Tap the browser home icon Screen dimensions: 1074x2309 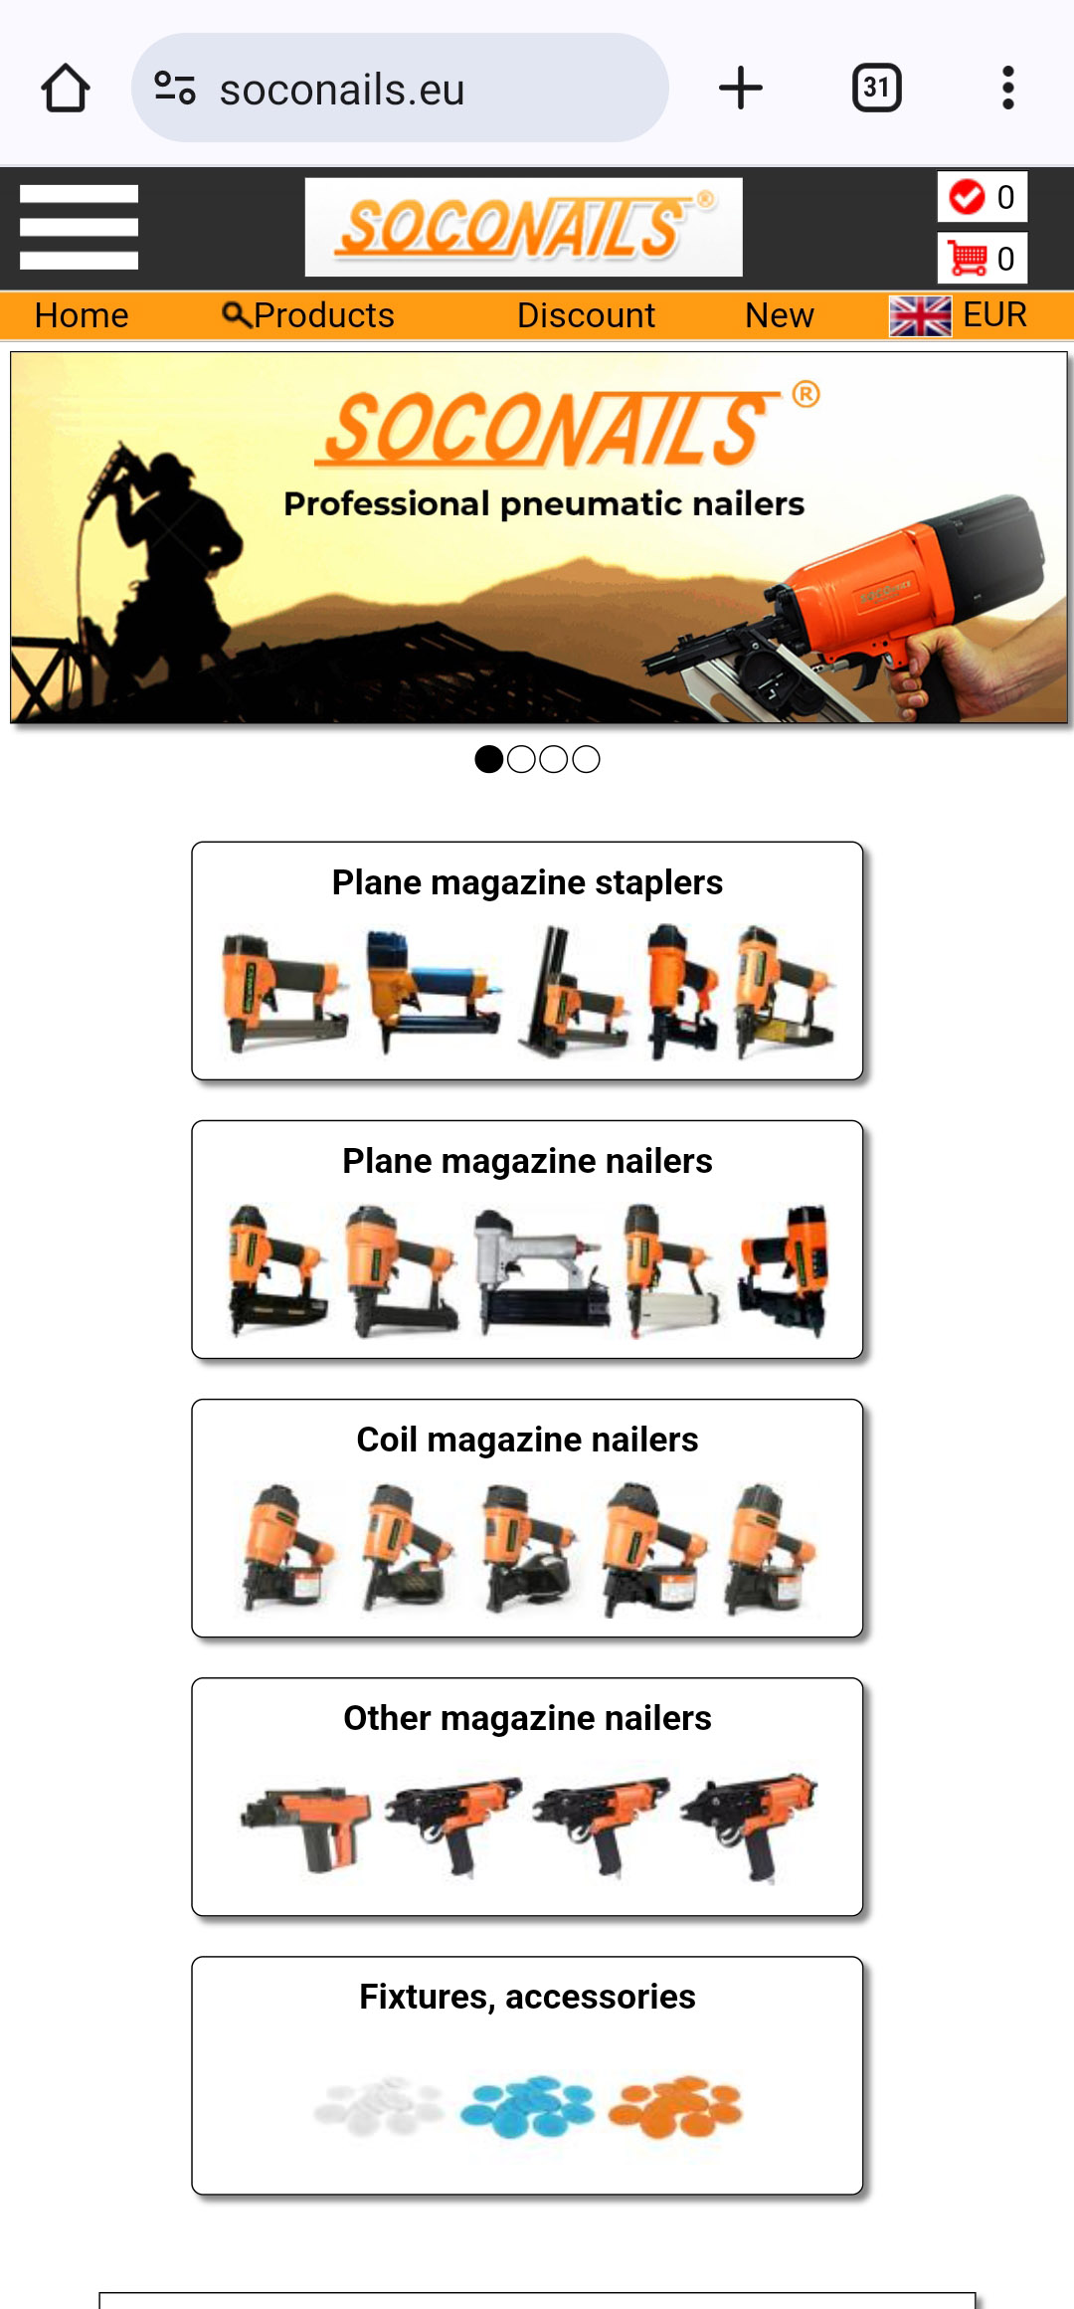(x=66, y=88)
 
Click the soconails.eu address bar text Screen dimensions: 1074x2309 (x=342, y=90)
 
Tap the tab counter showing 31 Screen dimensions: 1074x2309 (x=877, y=88)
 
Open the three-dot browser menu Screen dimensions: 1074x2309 (x=1008, y=88)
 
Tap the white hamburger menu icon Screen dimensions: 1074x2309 (x=79, y=227)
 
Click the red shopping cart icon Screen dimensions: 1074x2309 (x=967, y=258)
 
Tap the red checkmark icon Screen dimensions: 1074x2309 (x=967, y=196)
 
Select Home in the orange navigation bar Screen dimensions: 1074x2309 (x=82, y=315)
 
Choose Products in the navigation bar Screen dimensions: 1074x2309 (x=308, y=315)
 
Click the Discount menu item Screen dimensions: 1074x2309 (x=586, y=315)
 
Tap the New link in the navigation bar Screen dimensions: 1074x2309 (x=780, y=315)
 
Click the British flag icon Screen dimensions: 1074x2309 (x=920, y=316)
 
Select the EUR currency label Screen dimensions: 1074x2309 (x=994, y=314)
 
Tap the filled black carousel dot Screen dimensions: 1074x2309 (x=488, y=759)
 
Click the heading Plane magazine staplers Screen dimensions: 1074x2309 (x=527, y=882)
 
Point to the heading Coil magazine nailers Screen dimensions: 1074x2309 (x=527, y=1440)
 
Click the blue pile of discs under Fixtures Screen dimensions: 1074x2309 (x=527, y=2105)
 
